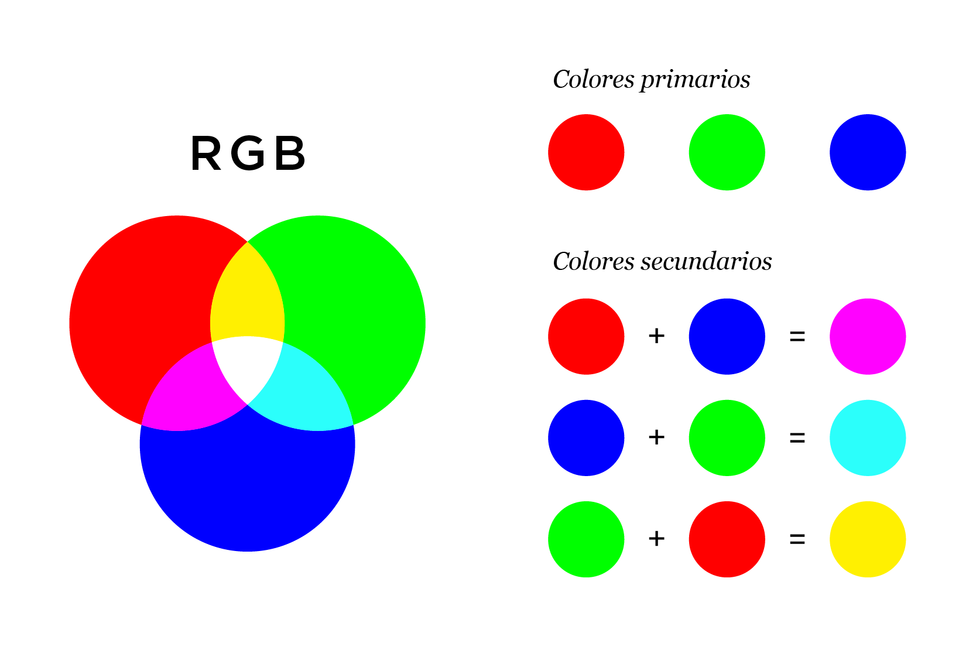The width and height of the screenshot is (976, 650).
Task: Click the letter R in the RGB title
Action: click(x=206, y=153)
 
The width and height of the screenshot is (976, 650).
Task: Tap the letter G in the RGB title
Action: click(x=248, y=153)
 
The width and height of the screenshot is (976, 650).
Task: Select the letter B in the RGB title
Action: click(x=290, y=153)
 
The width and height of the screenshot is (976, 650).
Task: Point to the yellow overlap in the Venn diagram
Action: click(x=247, y=296)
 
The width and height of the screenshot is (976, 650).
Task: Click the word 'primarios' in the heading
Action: click(x=695, y=80)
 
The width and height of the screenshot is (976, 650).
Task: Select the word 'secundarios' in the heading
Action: click(x=706, y=262)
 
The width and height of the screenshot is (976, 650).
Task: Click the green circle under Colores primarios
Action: click(x=727, y=152)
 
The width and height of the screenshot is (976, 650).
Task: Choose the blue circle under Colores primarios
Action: click(x=868, y=152)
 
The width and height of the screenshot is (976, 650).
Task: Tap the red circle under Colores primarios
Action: click(x=586, y=152)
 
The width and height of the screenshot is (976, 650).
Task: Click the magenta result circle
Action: click(x=868, y=336)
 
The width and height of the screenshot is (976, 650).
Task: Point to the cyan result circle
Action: click(x=868, y=437)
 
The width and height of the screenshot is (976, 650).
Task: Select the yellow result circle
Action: click(x=868, y=539)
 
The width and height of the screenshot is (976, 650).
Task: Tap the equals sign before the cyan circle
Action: click(x=797, y=437)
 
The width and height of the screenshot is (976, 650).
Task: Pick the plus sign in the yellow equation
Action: click(x=656, y=538)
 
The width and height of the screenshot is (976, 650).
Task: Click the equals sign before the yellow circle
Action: click(x=797, y=539)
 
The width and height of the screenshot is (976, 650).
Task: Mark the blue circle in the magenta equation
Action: click(x=727, y=336)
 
